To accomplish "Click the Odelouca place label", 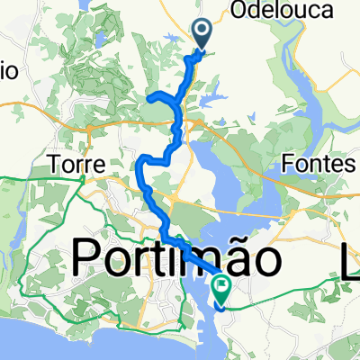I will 293,11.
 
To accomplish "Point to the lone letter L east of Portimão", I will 347,261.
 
